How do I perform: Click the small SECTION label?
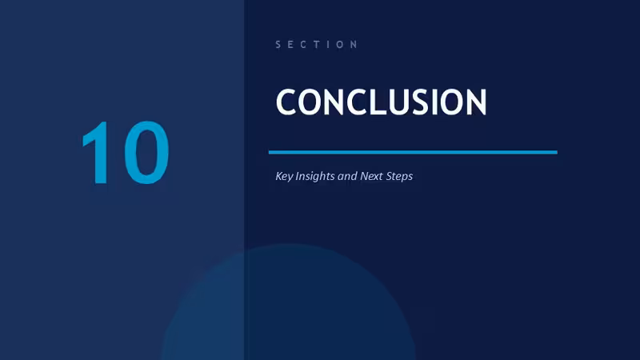pyautogui.click(x=316, y=45)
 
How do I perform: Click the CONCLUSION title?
pyautogui.click(x=382, y=102)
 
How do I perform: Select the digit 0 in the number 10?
pyautogui.click(x=146, y=153)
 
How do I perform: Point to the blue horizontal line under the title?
pyautogui.click(x=413, y=152)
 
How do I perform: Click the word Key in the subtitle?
pyautogui.click(x=284, y=176)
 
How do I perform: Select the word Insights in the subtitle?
pyautogui.click(x=314, y=176)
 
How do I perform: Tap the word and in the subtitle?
pyautogui.click(x=347, y=176)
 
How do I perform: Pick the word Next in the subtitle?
pyautogui.click(x=371, y=176)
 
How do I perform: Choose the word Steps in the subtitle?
pyautogui.click(x=399, y=176)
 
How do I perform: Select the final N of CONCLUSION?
pyautogui.click(x=475, y=102)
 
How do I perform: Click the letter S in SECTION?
pyautogui.click(x=278, y=45)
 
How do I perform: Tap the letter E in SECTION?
pyautogui.click(x=290, y=45)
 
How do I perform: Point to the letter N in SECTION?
pyautogui.click(x=354, y=45)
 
